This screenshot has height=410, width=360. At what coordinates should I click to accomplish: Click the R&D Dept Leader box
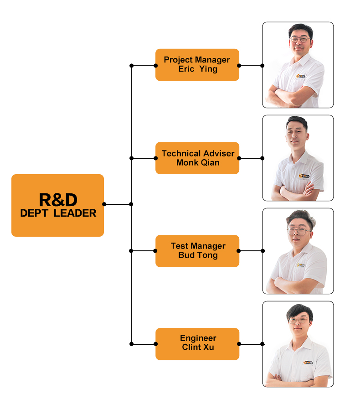(x=57, y=205)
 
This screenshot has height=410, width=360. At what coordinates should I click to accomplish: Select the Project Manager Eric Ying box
(x=197, y=65)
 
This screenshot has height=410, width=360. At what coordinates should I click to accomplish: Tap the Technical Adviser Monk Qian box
(x=197, y=158)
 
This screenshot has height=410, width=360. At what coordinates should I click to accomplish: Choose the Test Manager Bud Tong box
(x=197, y=251)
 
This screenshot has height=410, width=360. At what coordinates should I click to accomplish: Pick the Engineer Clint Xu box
(x=197, y=344)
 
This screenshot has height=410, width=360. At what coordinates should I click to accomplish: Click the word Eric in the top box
(x=187, y=69)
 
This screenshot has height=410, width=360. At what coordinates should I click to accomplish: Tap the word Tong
(x=207, y=255)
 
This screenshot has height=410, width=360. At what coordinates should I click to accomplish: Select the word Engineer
(x=198, y=338)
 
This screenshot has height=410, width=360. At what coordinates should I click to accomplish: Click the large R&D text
(x=58, y=199)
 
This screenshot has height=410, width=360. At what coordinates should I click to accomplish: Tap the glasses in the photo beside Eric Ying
(x=298, y=40)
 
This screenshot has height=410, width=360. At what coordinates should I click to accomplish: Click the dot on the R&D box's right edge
(x=104, y=204)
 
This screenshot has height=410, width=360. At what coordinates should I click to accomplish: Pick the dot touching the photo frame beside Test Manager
(x=262, y=251)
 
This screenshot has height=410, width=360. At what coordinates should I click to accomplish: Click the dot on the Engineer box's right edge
(x=239, y=344)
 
